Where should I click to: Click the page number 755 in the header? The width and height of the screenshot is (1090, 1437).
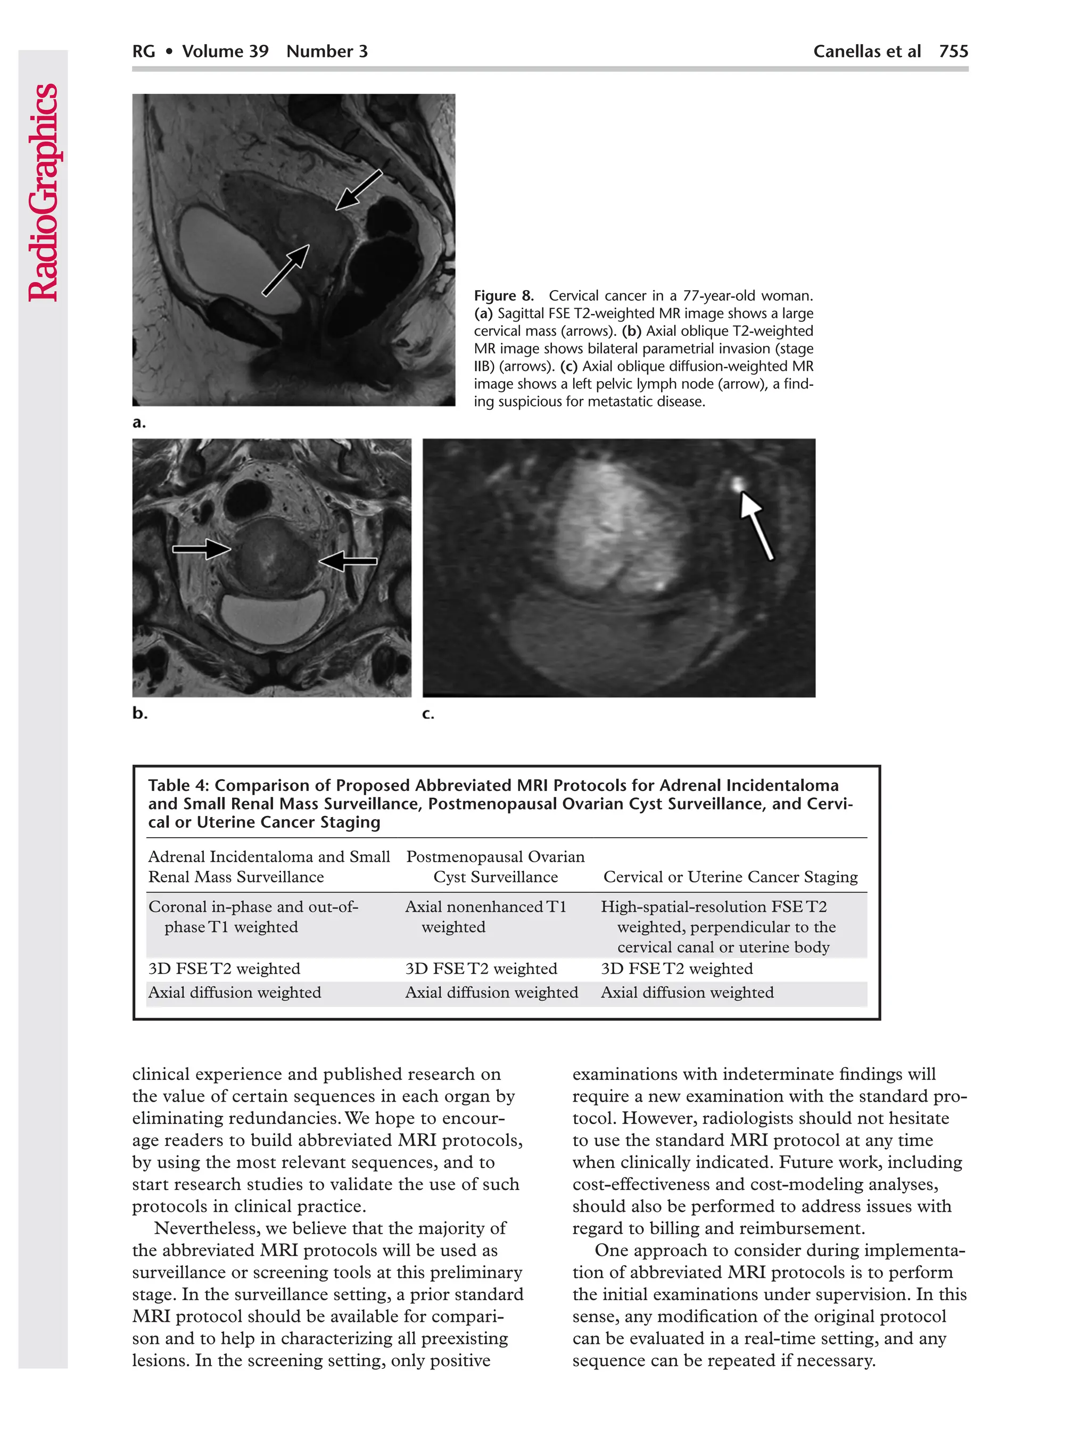(953, 51)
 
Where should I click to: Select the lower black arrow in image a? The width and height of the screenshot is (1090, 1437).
(285, 270)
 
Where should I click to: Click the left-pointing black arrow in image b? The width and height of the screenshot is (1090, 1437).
(348, 560)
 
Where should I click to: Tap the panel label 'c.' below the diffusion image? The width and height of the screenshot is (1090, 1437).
(428, 713)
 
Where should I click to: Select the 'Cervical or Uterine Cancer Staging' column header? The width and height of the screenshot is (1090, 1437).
(730, 877)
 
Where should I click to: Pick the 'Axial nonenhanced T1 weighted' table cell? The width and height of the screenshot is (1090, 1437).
(485, 916)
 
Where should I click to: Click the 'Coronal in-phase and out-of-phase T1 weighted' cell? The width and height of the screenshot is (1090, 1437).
(253, 916)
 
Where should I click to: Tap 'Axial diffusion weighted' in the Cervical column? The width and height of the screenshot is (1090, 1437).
(687, 993)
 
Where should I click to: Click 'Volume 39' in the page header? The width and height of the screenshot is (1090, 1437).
(225, 51)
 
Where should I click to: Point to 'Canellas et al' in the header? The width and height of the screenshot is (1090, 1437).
(866, 51)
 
